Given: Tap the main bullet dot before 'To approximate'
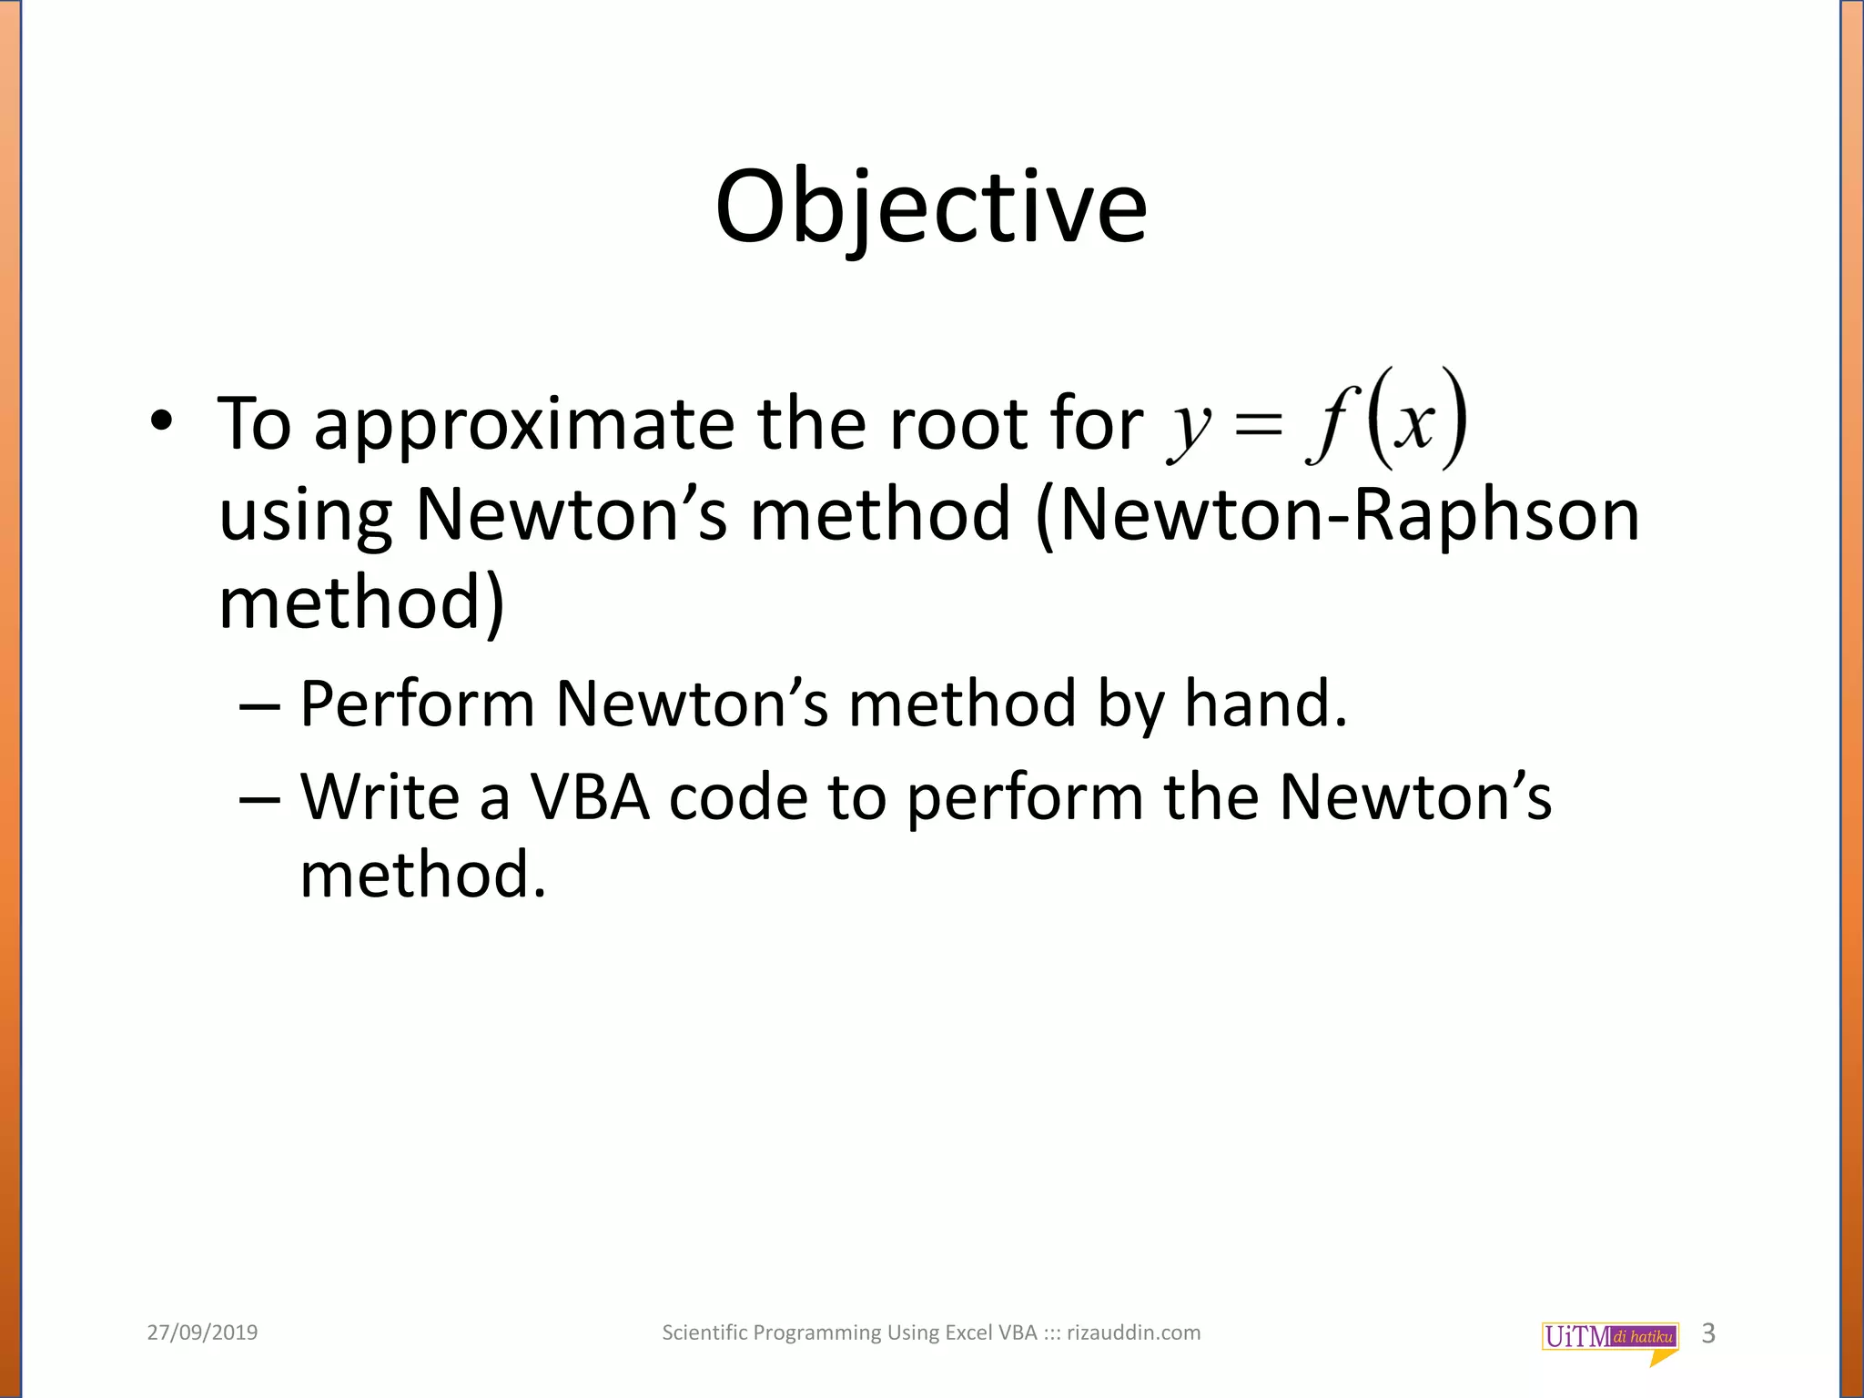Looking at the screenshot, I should pyautogui.click(x=161, y=421).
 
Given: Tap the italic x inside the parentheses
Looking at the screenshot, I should pyautogui.click(x=1416, y=424).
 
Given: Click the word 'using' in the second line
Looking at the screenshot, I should pyautogui.click(x=306, y=515).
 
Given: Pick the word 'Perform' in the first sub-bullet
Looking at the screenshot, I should pyautogui.click(x=417, y=704).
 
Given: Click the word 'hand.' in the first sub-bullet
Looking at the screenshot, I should pyautogui.click(x=1265, y=704).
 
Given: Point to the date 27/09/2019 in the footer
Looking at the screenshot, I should pyautogui.click(x=202, y=1333).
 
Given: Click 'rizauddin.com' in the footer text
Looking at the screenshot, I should pyautogui.click(x=1133, y=1333).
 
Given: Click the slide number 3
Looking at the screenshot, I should pyautogui.click(x=1708, y=1333).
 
